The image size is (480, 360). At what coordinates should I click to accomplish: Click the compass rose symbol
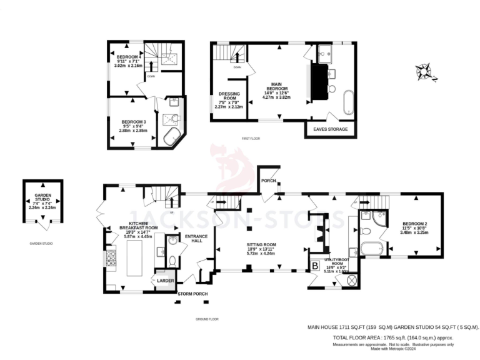(427, 71)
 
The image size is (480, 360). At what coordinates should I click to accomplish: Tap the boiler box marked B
(315, 267)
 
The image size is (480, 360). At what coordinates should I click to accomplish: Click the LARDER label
(165, 281)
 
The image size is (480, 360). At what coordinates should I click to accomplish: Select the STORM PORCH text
(192, 293)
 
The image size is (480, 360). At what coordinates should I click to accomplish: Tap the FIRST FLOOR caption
(251, 138)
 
